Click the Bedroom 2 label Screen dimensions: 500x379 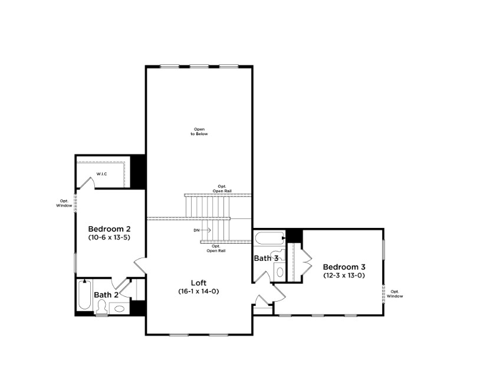[x=109, y=229]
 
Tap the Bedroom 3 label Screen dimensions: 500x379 [x=344, y=267]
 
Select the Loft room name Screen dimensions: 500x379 [x=199, y=283]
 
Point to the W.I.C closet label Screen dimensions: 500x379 [x=102, y=174]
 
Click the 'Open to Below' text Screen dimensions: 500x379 [x=199, y=132]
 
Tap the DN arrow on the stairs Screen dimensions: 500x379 [x=206, y=230]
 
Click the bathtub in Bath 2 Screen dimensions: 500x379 [x=84, y=295]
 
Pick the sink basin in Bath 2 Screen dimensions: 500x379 [x=120, y=308]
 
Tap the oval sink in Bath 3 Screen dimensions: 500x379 [x=280, y=272]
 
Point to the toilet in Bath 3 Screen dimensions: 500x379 [x=278, y=256]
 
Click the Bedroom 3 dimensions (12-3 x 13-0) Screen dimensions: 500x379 [x=344, y=275]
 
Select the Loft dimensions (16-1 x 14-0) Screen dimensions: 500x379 [x=199, y=291]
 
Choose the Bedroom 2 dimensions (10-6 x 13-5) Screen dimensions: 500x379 [x=109, y=237]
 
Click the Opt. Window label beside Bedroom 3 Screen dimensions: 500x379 [x=395, y=294]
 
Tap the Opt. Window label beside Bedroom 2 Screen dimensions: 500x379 [x=64, y=204]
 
